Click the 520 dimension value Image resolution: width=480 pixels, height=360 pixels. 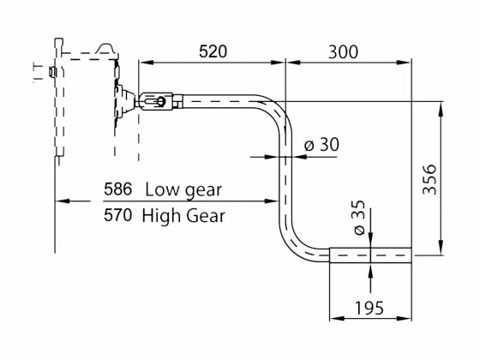click(x=213, y=51)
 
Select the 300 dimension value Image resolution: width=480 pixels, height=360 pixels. click(x=343, y=51)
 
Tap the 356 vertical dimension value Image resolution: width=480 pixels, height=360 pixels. click(x=430, y=179)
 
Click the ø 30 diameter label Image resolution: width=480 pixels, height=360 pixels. click(x=321, y=145)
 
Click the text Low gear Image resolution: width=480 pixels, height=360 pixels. click(x=183, y=189)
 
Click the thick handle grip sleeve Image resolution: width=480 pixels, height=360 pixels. click(x=370, y=254)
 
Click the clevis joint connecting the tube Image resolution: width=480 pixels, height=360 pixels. click(x=158, y=103)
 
